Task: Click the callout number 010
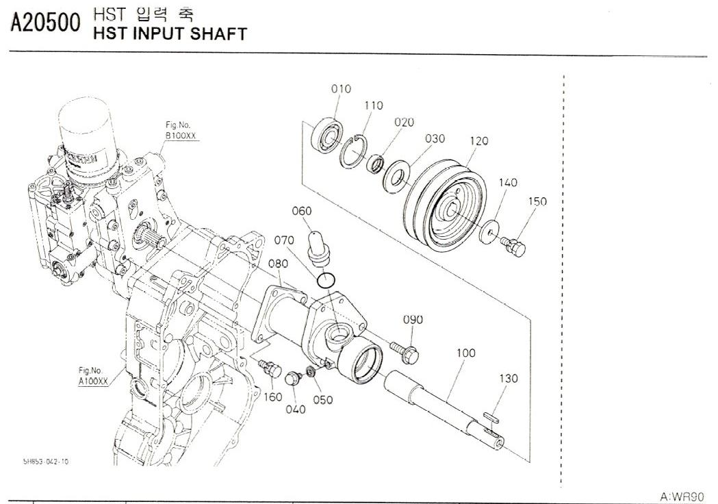pos(341,89)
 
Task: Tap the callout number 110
pos(374,106)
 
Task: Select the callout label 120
pos(479,142)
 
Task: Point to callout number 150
pos(537,202)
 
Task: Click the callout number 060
pos(302,211)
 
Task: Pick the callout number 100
pos(466,353)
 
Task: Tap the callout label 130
pos(509,379)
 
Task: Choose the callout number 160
pos(273,397)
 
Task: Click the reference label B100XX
pos(181,136)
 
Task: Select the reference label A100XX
pos(93,381)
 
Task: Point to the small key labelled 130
pos(490,416)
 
